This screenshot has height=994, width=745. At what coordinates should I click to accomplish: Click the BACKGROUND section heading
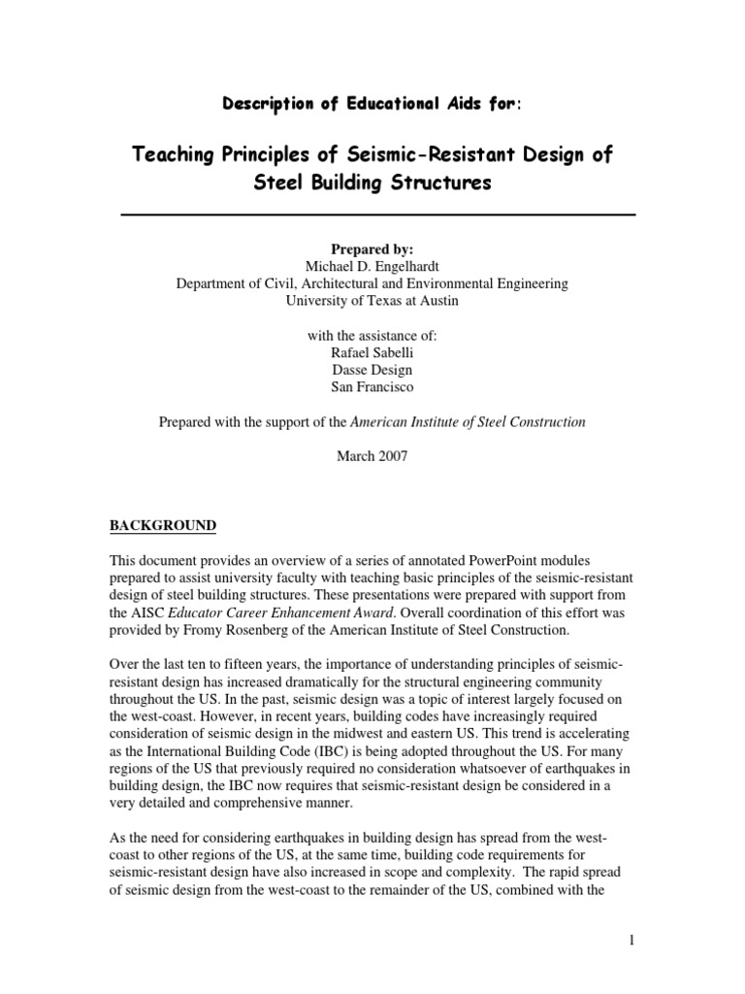(x=162, y=525)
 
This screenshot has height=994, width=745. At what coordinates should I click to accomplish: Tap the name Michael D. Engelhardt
(x=372, y=266)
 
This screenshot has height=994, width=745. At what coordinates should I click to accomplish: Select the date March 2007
(x=372, y=457)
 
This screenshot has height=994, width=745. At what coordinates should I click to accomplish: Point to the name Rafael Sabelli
(x=372, y=352)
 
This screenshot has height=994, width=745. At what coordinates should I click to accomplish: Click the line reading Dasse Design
(x=372, y=370)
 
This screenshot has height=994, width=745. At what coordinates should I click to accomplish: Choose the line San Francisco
(x=372, y=387)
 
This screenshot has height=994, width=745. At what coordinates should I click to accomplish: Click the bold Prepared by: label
(x=372, y=248)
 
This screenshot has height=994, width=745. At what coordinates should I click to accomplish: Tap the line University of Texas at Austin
(x=372, y=301)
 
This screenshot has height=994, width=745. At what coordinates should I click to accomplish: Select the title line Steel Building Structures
(x=372, y=183)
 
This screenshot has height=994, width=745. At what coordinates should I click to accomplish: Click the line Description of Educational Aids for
(x=372, y=105)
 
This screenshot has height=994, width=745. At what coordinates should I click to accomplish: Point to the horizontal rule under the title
(x=377, y=214)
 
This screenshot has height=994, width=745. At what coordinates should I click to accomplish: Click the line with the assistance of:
(x=372, y=335)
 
